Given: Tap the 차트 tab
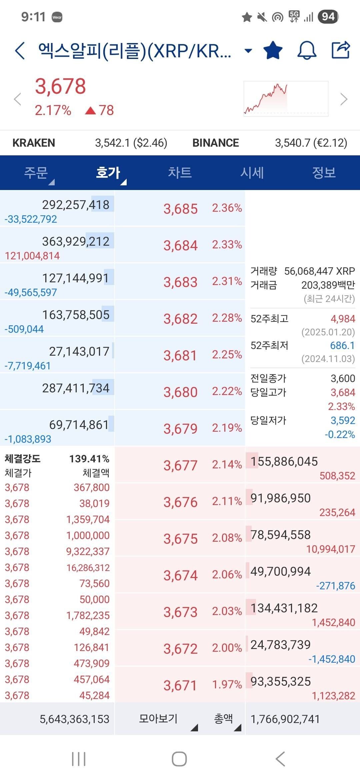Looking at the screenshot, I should pos(180,173).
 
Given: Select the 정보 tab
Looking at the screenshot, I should pos(324,173).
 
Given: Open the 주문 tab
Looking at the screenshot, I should pos(36,173).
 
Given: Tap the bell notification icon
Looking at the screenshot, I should pos(307,50).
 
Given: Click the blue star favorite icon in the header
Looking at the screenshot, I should pos(273,50).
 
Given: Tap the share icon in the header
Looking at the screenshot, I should pos(341,50).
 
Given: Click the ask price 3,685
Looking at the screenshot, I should pos(180,209).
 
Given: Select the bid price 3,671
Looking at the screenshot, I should pos(180,686).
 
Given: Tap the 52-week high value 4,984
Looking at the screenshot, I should pos(343,319).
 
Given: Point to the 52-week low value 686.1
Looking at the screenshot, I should pos(342,346).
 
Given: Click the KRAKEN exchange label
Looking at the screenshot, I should pos(34,143).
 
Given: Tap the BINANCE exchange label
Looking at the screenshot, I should pos(216,143).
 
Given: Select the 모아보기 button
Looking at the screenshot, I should pos(158,719).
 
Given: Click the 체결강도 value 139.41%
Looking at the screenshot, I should pos(89,459).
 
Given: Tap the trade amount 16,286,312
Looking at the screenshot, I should pos(88,568).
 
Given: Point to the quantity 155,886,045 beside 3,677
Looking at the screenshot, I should pos(284,462).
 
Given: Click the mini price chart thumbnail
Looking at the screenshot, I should pos(286,99).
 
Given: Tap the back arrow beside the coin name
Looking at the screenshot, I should pos(20,51).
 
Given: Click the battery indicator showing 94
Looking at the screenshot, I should pos(328,17).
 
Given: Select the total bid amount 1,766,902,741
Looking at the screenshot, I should pos(285,719).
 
